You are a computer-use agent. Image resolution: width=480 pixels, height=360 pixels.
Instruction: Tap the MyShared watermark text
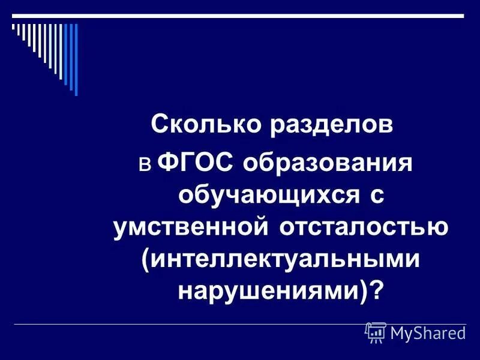pyautogui.click(x=428, y=332)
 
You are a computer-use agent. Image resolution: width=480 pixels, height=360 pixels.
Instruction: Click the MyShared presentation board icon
pyautogui.click(x=376, y=331)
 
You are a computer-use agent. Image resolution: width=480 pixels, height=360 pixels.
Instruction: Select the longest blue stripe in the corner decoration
pyautogui.click(x=75, y=58)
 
